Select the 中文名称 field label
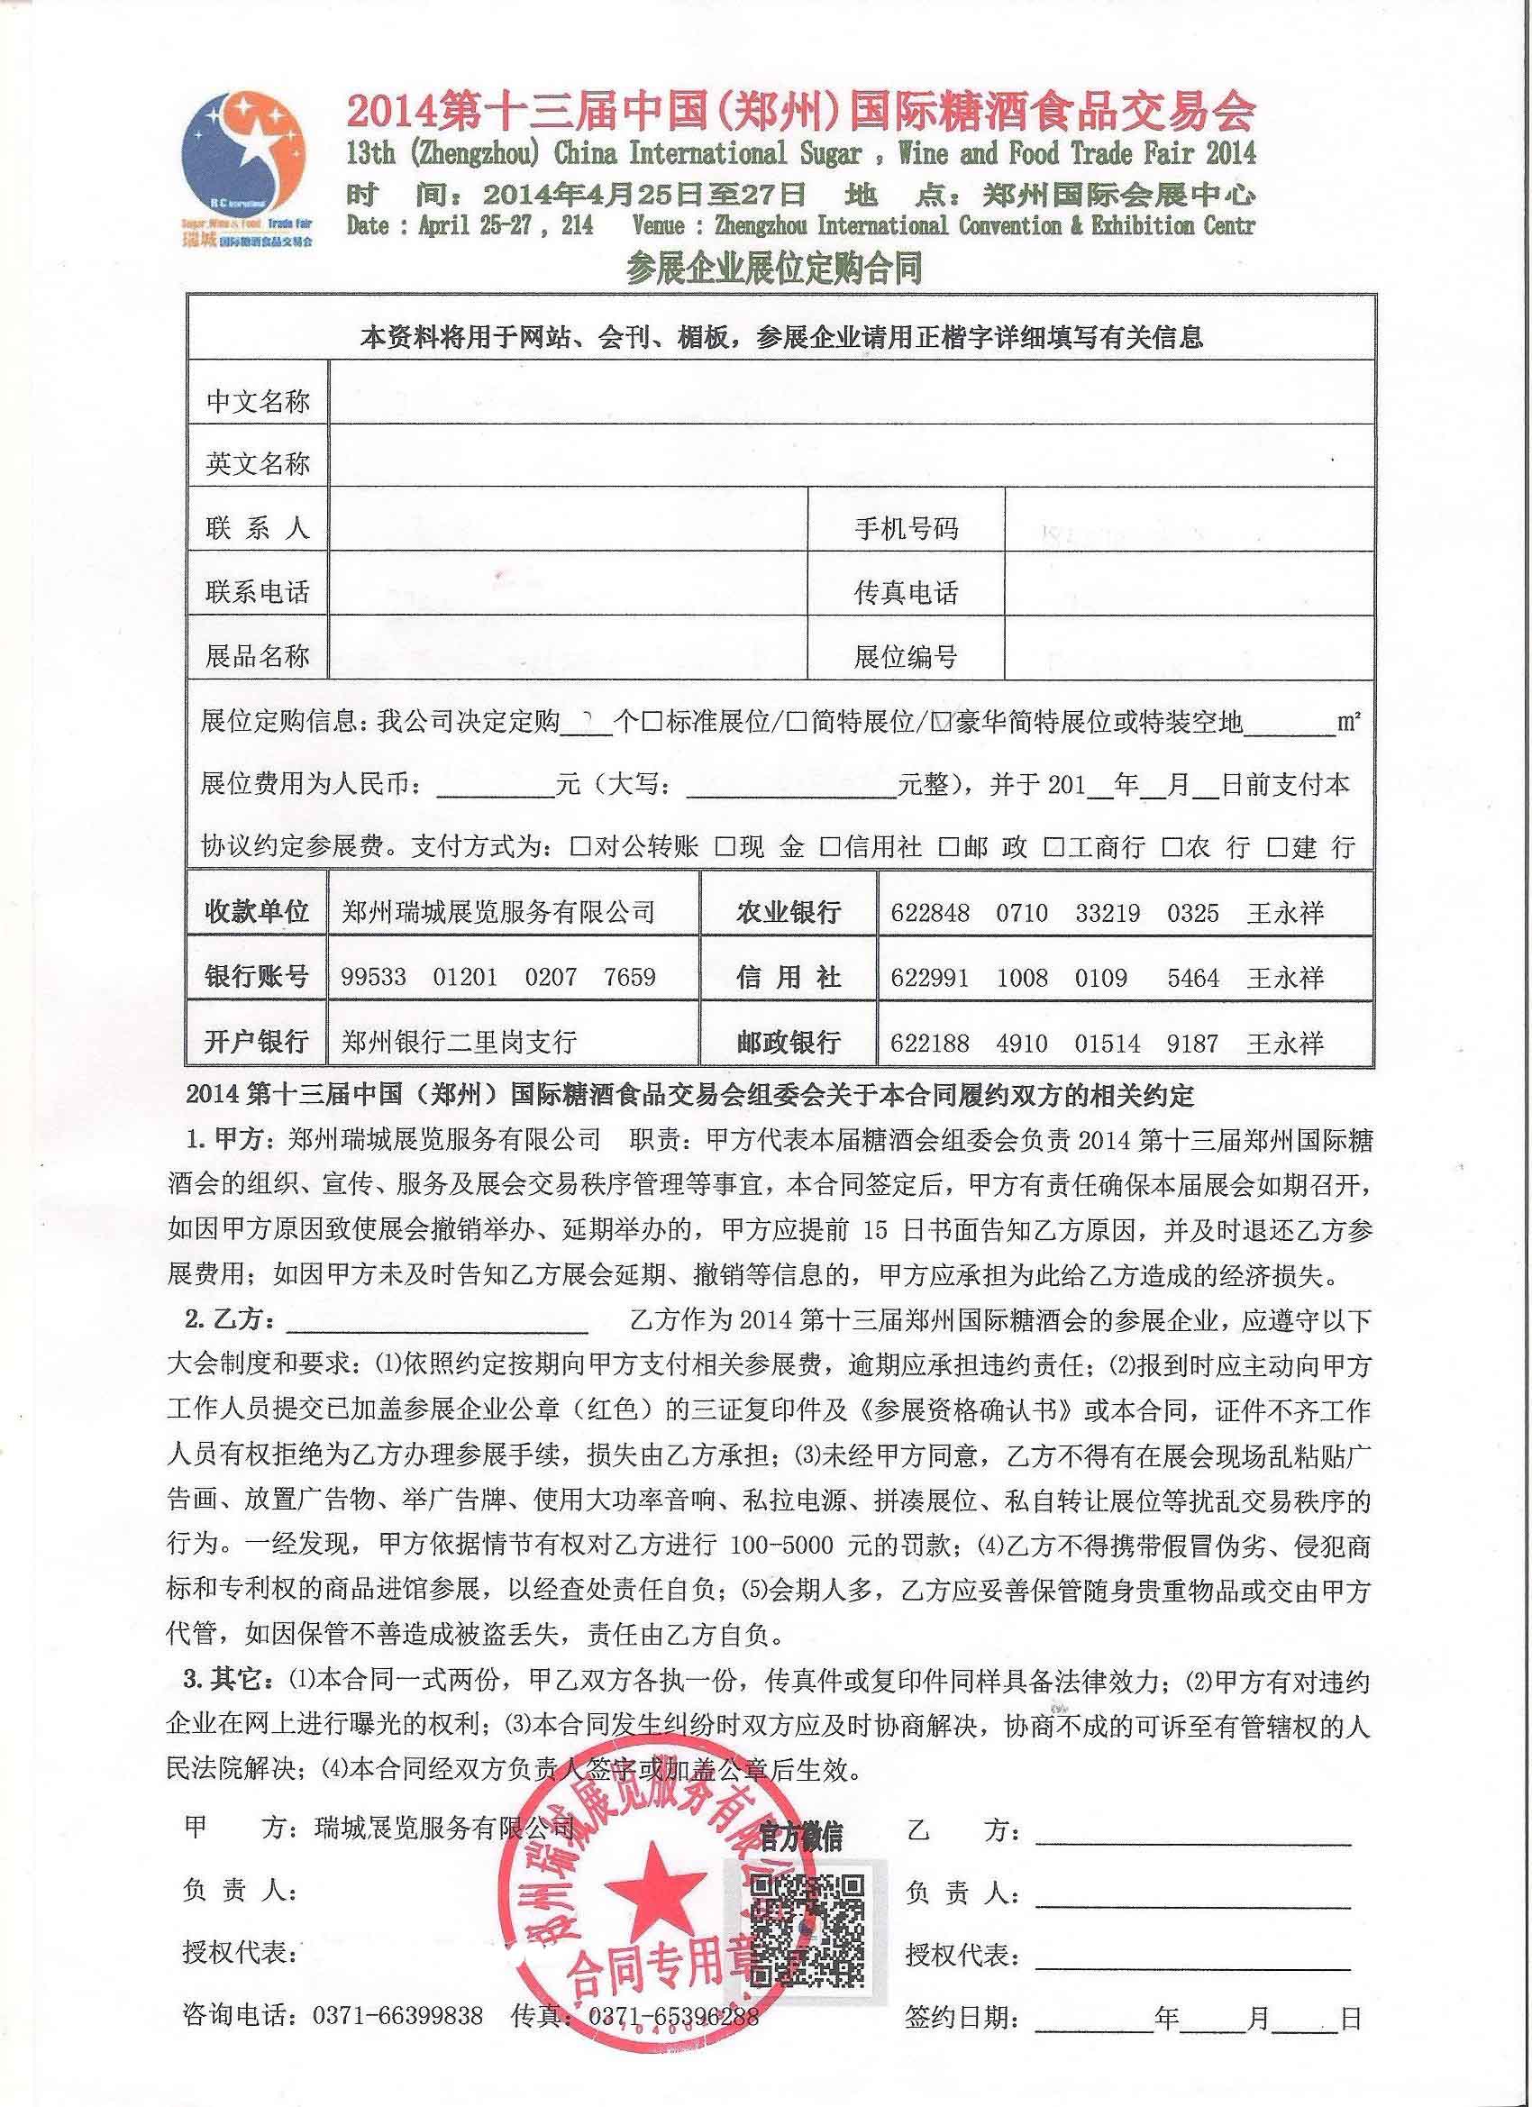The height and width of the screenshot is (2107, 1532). pyautogui.click(x=258, y=401)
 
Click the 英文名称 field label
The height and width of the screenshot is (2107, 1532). pyautogui.click(x=258, y=463)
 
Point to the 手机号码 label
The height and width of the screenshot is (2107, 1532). pyautogui.click(x=905, y=530)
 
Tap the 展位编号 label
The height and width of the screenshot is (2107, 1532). pyautogui.click(x=905, y=657)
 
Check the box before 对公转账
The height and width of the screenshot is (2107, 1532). pyautogui.click(x=580, y=846)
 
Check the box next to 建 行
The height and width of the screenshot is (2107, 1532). pyautogui.click(x=1279, y=846)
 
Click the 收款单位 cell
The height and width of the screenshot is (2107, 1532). pyautogui.click(x=257, y=911)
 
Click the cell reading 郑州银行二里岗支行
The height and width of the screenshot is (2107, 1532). pyautogui.click(x=459, y=1042)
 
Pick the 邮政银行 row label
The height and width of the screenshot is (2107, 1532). pyautogui.click(x=788, y=1042)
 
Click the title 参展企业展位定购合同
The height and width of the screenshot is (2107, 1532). pyautogui.click(x=773, y=269)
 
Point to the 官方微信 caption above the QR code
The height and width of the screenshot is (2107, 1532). pyautogui.click(x=801, y=1837)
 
